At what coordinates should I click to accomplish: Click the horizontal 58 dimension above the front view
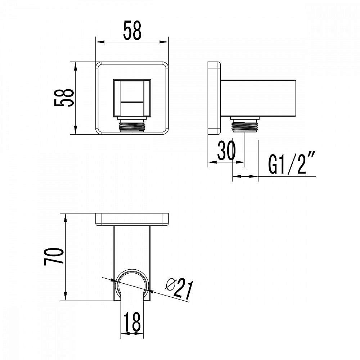click(132, 31)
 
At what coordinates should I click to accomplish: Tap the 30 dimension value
click(226, 150)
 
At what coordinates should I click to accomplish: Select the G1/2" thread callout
click(292, 163)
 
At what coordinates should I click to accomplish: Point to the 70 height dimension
click(54, 256)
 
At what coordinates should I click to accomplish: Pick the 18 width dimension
click(132, 321)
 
